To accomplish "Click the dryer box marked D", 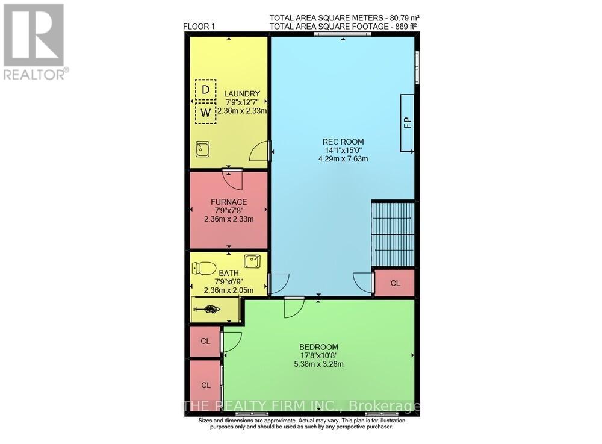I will tap(206, 90).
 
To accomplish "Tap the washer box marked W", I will tap(206, 113).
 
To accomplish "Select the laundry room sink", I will tap(202, 149).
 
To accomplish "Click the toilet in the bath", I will tap(206, 267).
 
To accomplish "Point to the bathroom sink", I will tap(252, 261).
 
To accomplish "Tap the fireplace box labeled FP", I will tap(408, 122).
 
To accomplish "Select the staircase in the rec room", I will tap(393, 234).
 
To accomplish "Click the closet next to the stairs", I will tap(394, 283).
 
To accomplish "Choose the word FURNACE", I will tap(229, 202).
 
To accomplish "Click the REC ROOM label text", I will tap(343, 142).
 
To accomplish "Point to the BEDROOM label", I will tap(318, 347).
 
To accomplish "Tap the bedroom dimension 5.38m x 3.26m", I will tap(318, 364).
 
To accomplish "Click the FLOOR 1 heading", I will tap(199, 27).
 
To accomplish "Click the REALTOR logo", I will tap(34, 42).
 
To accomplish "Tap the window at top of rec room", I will tap(333, 34).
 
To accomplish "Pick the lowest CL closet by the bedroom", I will tap(205, 385).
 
